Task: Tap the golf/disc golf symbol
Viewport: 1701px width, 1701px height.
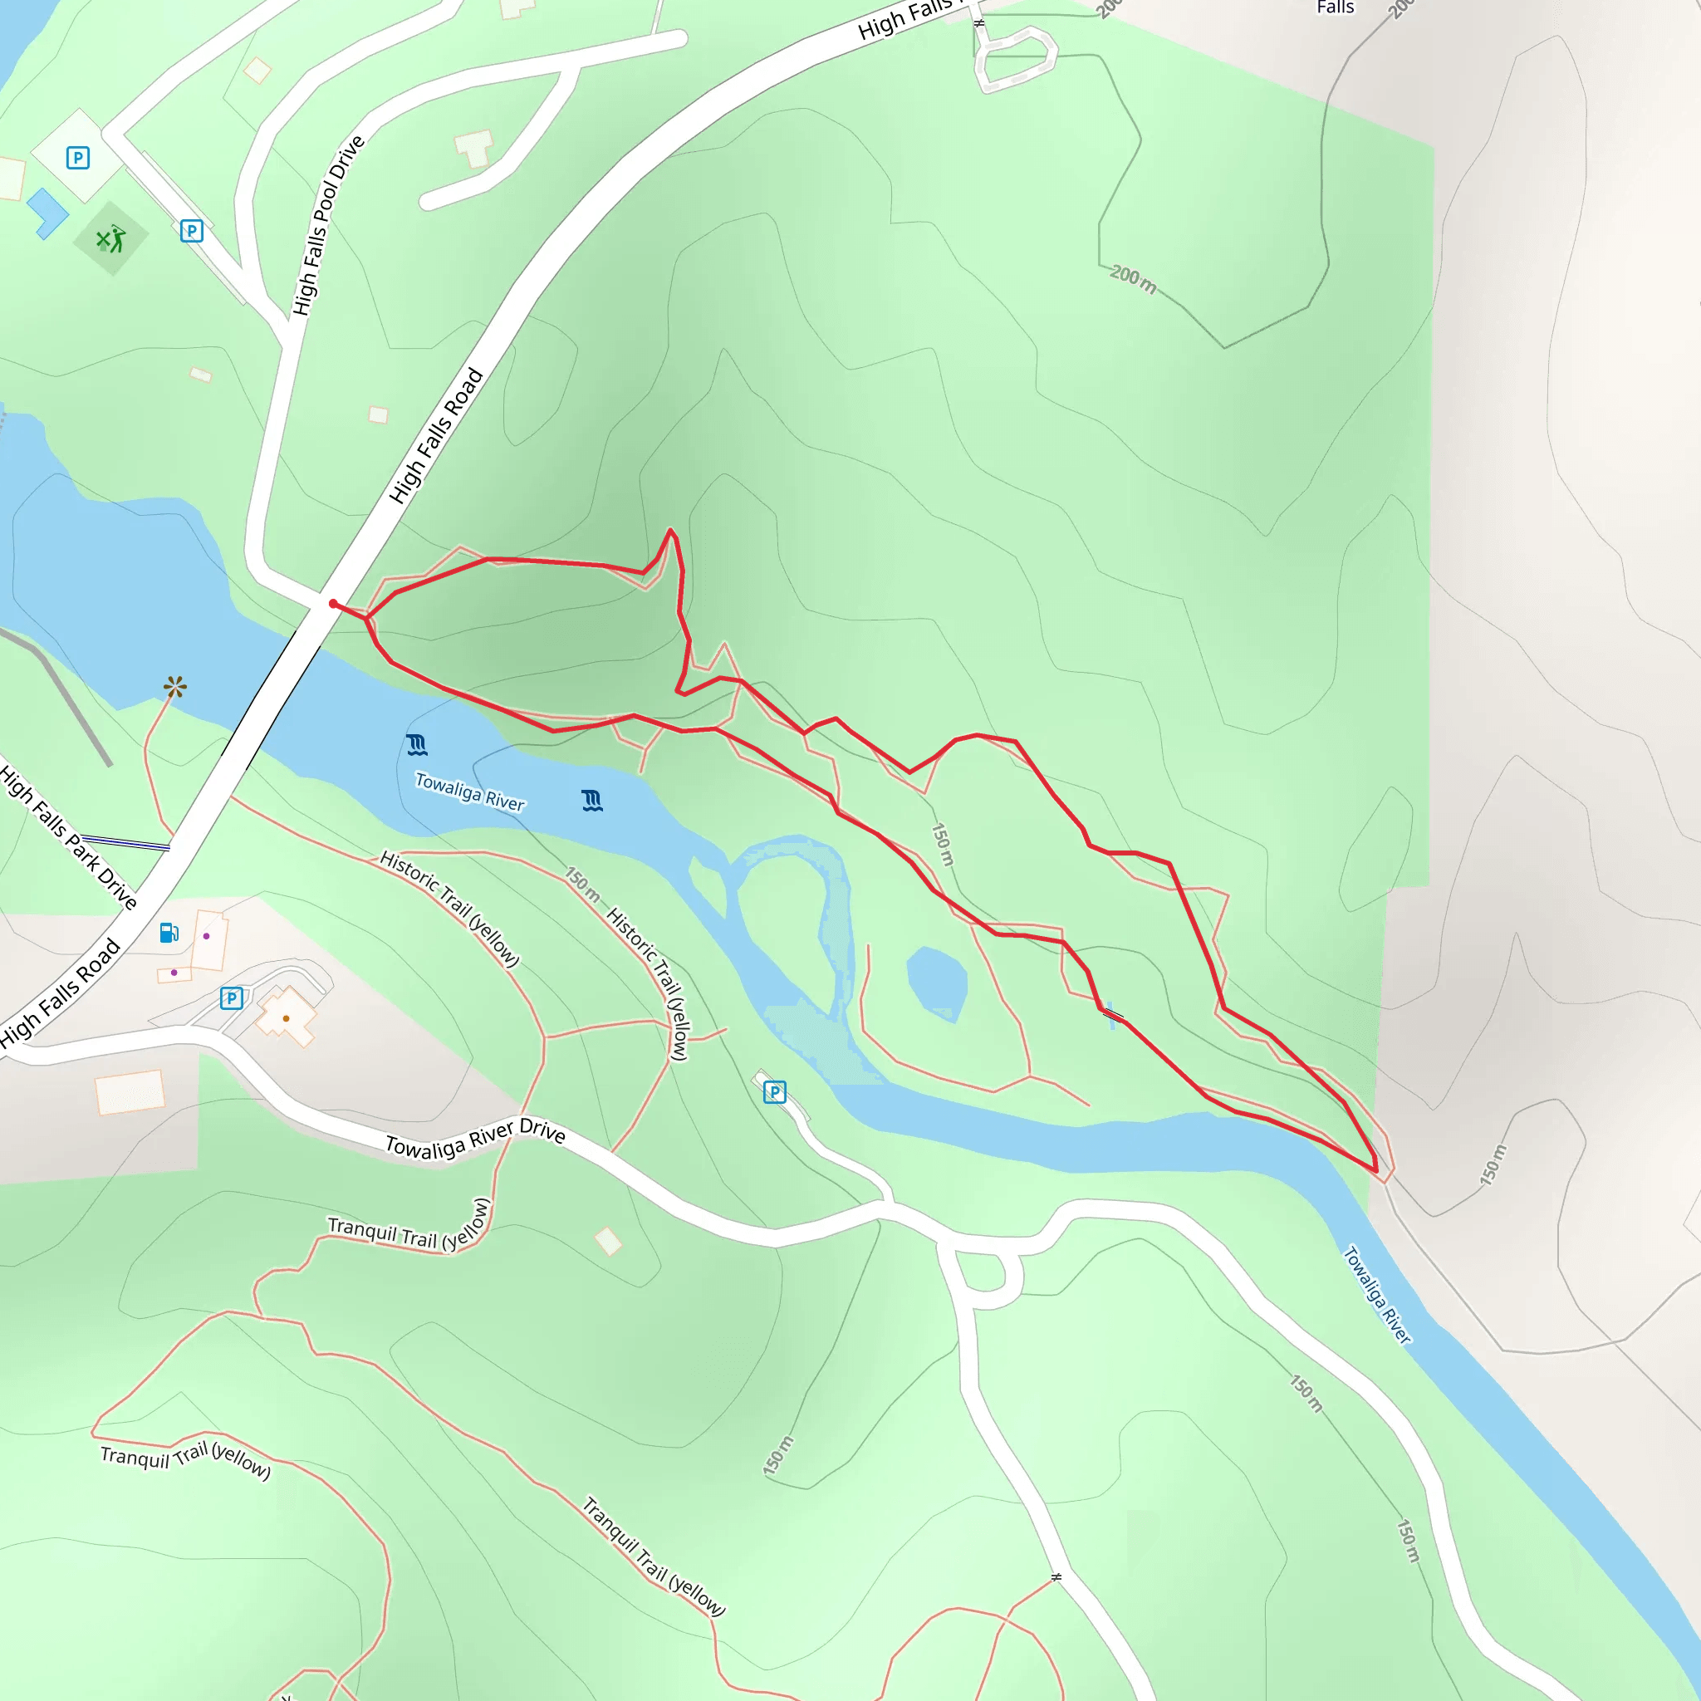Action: coord(111,238)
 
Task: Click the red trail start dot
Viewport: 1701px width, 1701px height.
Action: coord(333,603)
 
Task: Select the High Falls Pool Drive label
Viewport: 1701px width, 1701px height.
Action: coord(327,225)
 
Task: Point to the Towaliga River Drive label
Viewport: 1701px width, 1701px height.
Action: coord(475,1138)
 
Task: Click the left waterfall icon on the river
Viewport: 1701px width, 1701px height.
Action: coord(417,745)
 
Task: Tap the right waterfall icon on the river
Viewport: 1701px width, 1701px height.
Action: coord(592,801)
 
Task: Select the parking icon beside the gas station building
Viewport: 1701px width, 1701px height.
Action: coord(232,998)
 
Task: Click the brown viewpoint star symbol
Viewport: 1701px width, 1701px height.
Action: coord(175,687)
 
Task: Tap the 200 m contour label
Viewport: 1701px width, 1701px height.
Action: coord(1132,278)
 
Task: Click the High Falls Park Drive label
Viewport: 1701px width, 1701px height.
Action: coord(68,837)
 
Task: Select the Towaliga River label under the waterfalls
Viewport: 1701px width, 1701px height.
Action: coord(469,792)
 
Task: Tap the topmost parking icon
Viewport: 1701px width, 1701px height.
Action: coord(78,158)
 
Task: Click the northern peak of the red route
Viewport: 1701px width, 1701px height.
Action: coord(670,530)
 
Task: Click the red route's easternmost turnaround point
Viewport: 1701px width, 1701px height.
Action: coord(1375,1170)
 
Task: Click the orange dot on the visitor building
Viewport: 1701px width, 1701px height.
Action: coord(287,1018)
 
